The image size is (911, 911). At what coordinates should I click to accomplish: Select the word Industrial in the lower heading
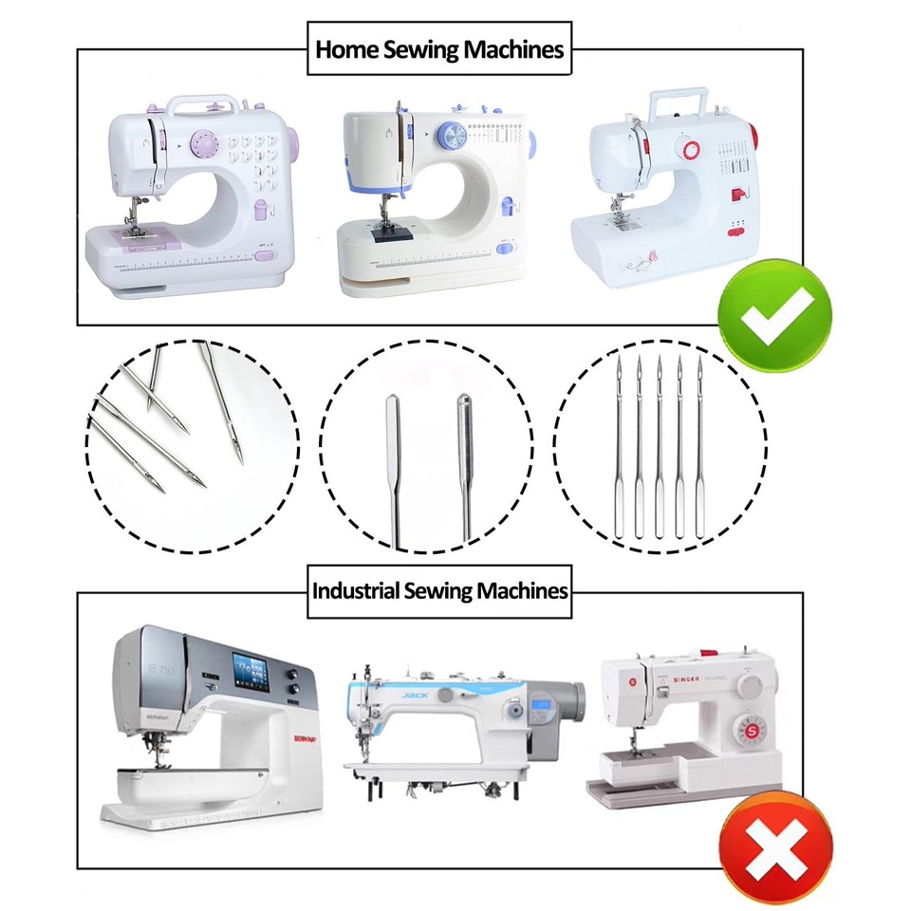coord(355,590)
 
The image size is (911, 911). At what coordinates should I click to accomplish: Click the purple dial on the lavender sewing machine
coord(203,143)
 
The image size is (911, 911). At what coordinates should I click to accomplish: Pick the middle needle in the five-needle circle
coord(660,446)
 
